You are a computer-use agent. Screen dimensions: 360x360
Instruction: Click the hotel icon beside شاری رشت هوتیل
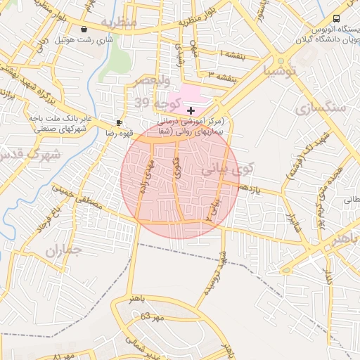point(85,30)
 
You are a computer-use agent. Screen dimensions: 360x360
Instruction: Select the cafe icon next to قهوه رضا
point(119,122)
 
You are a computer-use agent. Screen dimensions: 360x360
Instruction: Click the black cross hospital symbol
point(191,110)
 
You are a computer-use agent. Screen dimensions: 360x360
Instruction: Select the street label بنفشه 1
point(233,55)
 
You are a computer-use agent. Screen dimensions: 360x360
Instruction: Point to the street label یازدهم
point(249,188)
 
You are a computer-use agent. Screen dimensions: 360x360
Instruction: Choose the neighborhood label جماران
point(63,250)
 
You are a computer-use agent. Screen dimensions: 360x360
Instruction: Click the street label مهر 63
point(150,316)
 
